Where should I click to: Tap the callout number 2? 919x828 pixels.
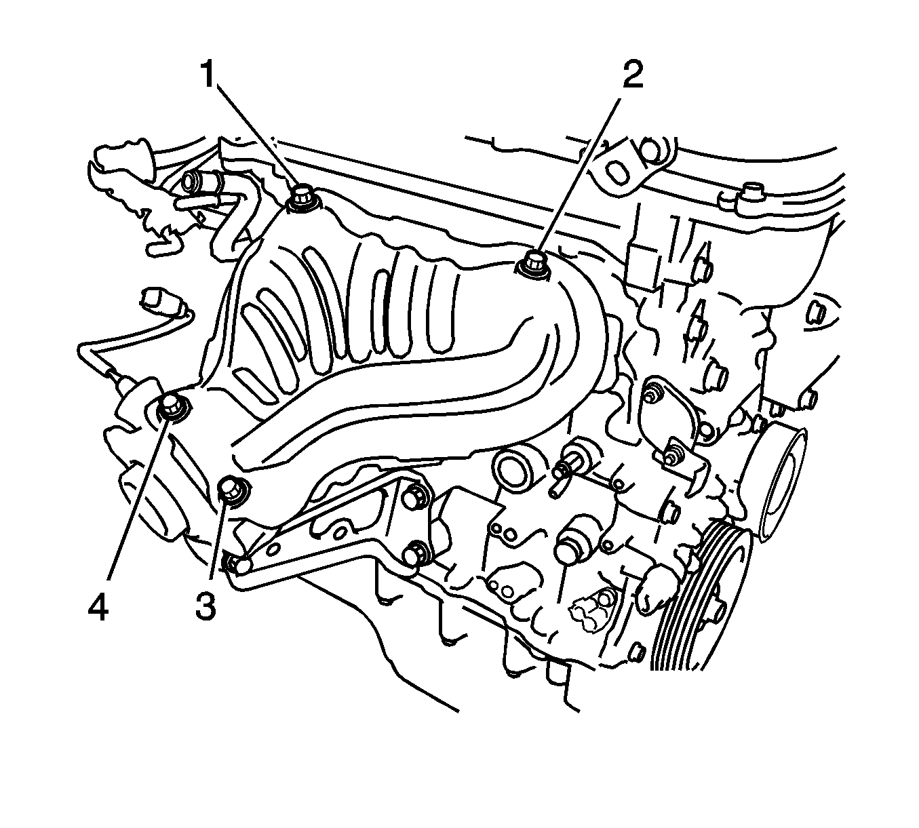[633, 75]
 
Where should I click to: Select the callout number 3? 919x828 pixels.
[206, 607]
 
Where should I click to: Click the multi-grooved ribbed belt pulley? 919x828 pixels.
[701, 604]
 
